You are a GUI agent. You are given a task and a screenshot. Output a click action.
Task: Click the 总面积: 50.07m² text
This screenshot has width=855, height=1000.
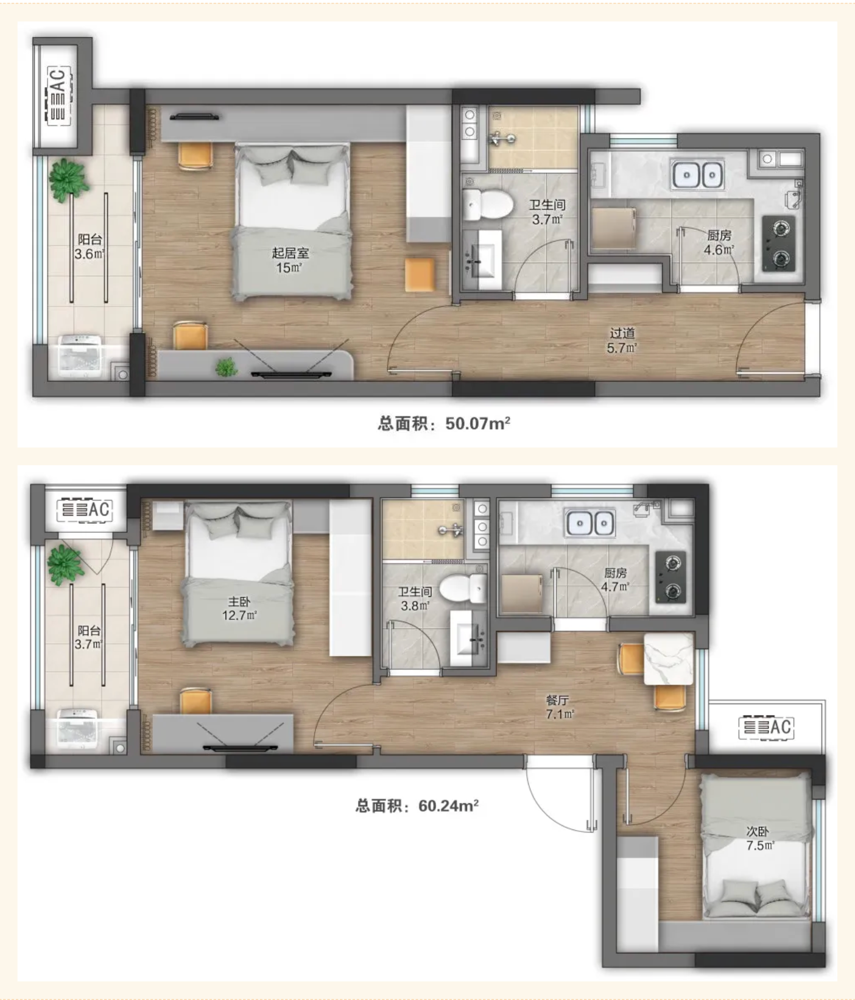pos(444,423)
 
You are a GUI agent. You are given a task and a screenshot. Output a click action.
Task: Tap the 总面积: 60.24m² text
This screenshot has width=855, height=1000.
pos(417,806)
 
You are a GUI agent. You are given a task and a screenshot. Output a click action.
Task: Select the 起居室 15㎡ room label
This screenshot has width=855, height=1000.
pos(289,260)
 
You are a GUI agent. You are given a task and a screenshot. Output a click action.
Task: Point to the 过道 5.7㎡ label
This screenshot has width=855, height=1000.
pos(622,340)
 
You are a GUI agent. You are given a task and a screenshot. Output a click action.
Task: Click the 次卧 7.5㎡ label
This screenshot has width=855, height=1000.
pos(759,838)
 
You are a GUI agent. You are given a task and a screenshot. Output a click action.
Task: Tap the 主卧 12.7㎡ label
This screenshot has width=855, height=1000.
pos(239,608)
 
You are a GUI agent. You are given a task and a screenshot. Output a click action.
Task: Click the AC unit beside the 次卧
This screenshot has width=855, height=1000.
pos(766,727)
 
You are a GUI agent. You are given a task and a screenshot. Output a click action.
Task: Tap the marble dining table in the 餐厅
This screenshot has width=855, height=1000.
pos(669,659)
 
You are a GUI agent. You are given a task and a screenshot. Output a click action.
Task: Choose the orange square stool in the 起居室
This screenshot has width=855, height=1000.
pos(420,274)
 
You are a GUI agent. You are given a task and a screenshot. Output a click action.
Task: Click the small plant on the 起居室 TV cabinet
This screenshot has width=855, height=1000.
pos(226,367)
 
